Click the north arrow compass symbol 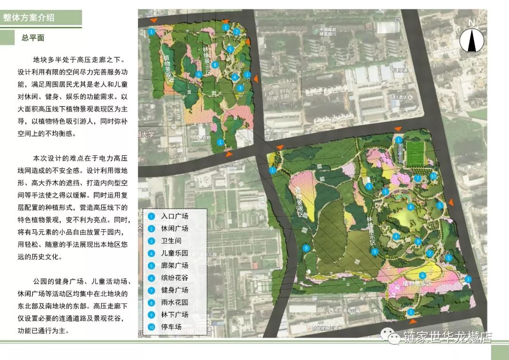click(x=472, y=38)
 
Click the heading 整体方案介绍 click(x=29, y=18)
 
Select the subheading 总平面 click(x=33, y=38)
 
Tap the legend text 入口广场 click(x=174, y=216)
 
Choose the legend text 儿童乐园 click(x=174, y=253)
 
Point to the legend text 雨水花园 click(x=174, y=302)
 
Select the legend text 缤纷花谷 click(x=174, y=278)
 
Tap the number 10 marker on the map click(x=434, y=176)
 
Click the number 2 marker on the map click(x=237, y=32)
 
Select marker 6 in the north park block click(x=199, y=74)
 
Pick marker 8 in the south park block click(x=411, y=206)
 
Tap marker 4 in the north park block click(x=235, y=77)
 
